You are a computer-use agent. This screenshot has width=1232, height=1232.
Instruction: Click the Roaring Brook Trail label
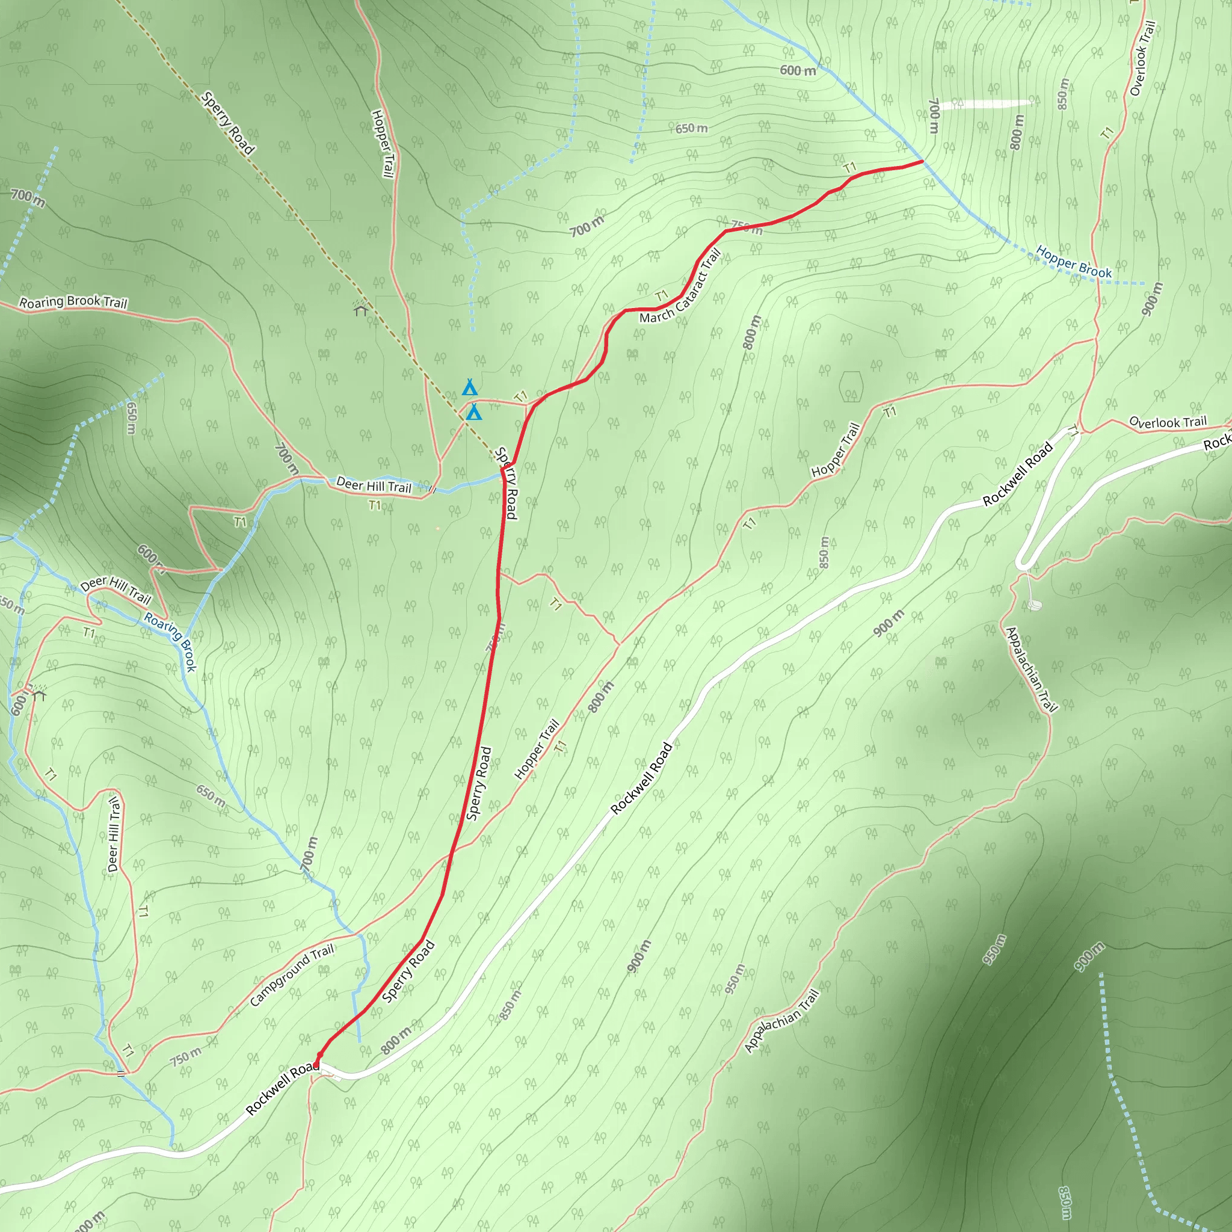pyautogui.click(x=73, y=301)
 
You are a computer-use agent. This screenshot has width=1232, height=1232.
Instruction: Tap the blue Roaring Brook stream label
pyautogui.click(x=170, y=641)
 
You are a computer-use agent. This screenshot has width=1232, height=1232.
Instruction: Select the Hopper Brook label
pyautogui.click(x=1073, y=262)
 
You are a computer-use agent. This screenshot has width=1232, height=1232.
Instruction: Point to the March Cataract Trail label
pyautogui.click(x=681, y=286)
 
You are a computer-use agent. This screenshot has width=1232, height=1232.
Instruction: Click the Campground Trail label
pyautogui.click(x=291, y=975)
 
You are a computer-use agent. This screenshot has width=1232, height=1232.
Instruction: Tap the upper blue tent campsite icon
pyautogui.click(x=470, y=388)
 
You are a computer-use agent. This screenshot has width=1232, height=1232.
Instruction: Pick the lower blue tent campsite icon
pyautogui.click(x=474, y=413)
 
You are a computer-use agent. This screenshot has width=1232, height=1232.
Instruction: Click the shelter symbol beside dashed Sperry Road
pyautogui.click(x=361, y=309)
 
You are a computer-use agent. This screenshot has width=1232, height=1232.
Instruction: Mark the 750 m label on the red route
pyautogui.click(x=746, y=226)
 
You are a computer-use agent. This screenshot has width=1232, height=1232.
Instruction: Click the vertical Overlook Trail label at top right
pyautogui.click(x=1142, y=59)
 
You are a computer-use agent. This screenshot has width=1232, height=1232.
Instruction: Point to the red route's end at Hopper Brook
pyautogui.click(x=922, y=162)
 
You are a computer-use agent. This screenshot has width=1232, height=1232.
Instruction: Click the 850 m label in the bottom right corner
pyautogui.click(x=1064, y=1203)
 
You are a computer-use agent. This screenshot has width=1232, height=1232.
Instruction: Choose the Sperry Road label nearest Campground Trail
pyautogui.click(x=408, y=972)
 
